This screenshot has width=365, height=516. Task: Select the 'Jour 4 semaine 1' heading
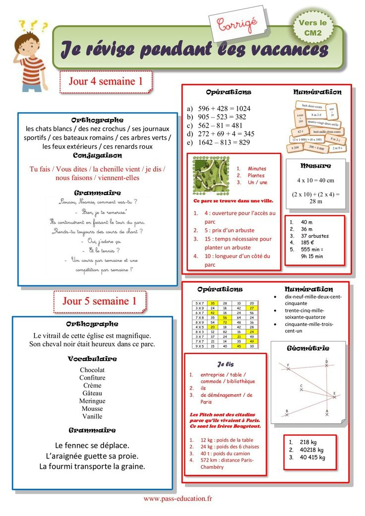(105, 81)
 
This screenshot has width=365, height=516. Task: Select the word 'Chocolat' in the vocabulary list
(92, 370)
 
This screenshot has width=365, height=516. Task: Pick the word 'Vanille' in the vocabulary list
(92, 416)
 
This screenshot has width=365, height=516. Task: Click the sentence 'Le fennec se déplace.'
(92, 445)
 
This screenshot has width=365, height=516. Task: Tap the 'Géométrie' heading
(307, 348)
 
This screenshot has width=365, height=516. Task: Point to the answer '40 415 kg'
(311, 457)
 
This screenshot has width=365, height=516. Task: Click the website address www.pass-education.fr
(178, 498)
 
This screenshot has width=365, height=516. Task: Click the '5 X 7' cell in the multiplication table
(200, 303)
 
